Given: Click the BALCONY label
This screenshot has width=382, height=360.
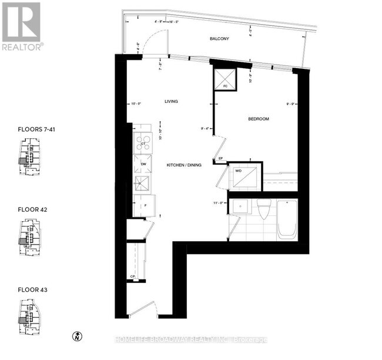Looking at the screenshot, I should [219, 39].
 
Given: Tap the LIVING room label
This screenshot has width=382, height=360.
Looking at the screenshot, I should [171, 101].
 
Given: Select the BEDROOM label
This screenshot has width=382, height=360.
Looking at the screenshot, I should [258, 119].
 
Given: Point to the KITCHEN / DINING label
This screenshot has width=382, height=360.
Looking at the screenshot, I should [183, 165].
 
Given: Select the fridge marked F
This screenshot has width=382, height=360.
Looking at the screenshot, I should [143, 206].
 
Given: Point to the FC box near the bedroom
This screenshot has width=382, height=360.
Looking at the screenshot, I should [225, 78].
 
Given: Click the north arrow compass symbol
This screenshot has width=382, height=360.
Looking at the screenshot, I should [76, 336].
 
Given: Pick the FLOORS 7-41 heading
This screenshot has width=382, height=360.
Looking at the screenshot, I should [37, 128].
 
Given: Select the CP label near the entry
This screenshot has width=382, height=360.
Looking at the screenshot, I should [133, 276].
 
